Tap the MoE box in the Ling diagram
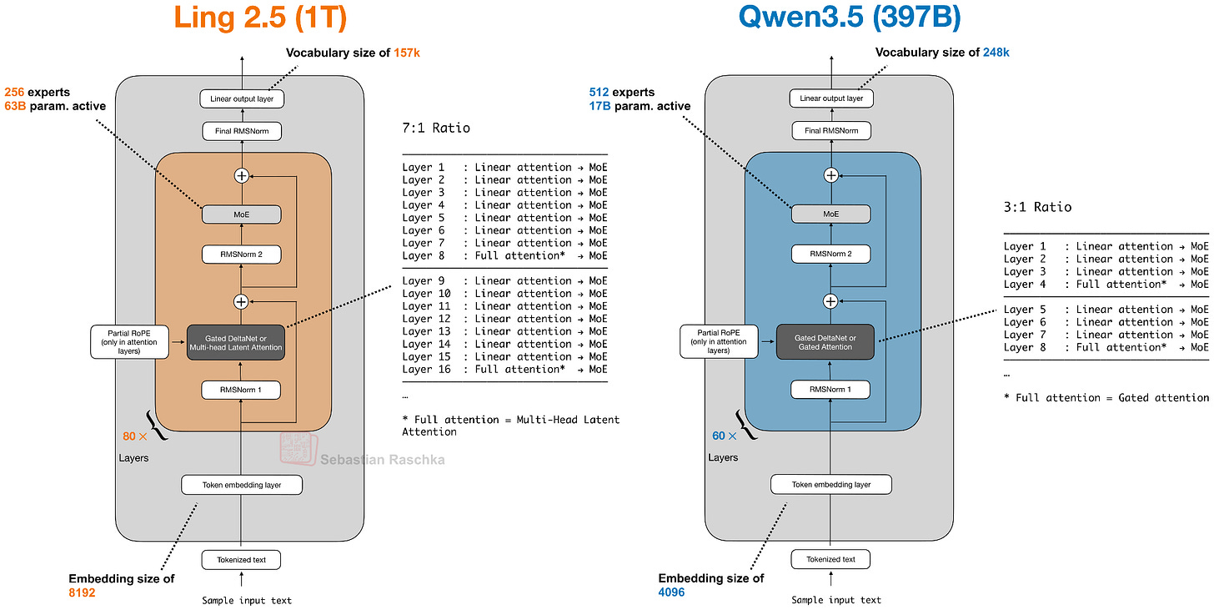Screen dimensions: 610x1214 [241, 214]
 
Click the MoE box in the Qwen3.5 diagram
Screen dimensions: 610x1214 [830, 214]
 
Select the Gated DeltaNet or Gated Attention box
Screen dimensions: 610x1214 [825, 341]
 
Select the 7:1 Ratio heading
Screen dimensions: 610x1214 [436, 129]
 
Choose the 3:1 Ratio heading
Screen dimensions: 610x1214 [1037, 207]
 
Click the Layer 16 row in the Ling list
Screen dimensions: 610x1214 [504, 369]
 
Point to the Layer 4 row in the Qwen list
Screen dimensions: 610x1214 [1106, 284]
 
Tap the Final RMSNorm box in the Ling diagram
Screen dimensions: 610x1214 [241, 131]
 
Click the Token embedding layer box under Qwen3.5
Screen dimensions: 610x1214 [830, 484]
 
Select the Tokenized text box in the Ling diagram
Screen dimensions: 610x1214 [241, 559]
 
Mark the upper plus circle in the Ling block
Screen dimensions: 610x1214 [242, 175]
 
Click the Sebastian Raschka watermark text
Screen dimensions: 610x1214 [382, 460]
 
